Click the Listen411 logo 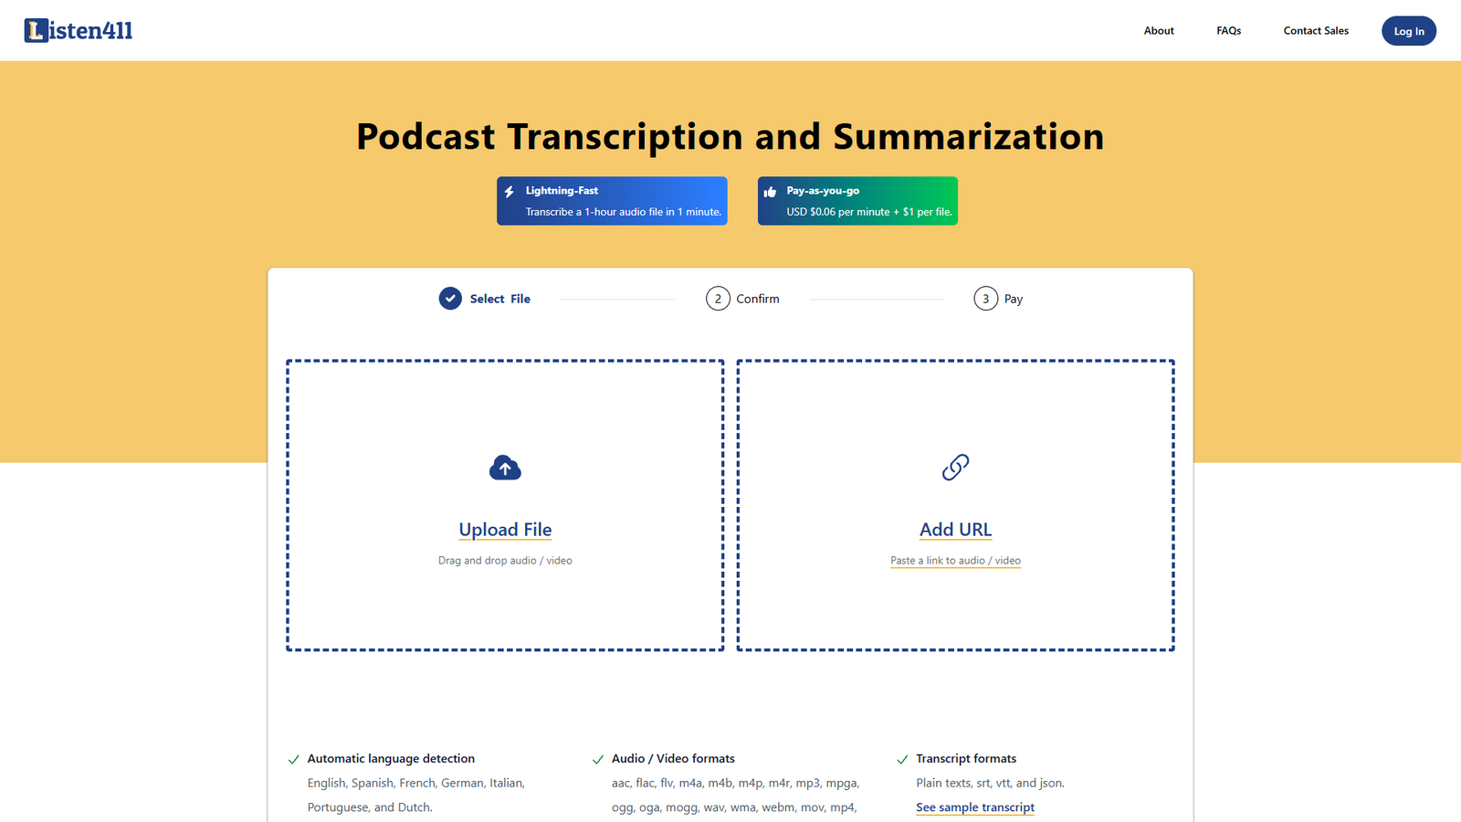point(79,31)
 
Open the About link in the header point(1159,31)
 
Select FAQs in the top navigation point(1228,31)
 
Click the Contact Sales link point(1316,31)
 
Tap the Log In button point(1408,31)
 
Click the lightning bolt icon point(510,192)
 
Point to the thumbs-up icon point(770,192)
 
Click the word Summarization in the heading point(968,137)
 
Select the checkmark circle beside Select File point(450,299)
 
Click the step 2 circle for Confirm point(718,299)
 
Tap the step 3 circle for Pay point(985,299)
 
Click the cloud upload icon point(505,468)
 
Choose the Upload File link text point(505,530)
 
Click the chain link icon point(955,468)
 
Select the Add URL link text point(955,530)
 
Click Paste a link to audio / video point(955,561)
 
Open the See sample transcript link point(975,807)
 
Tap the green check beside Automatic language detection point(294,759)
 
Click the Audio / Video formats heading point(673,759)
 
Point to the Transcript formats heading point(966,759)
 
